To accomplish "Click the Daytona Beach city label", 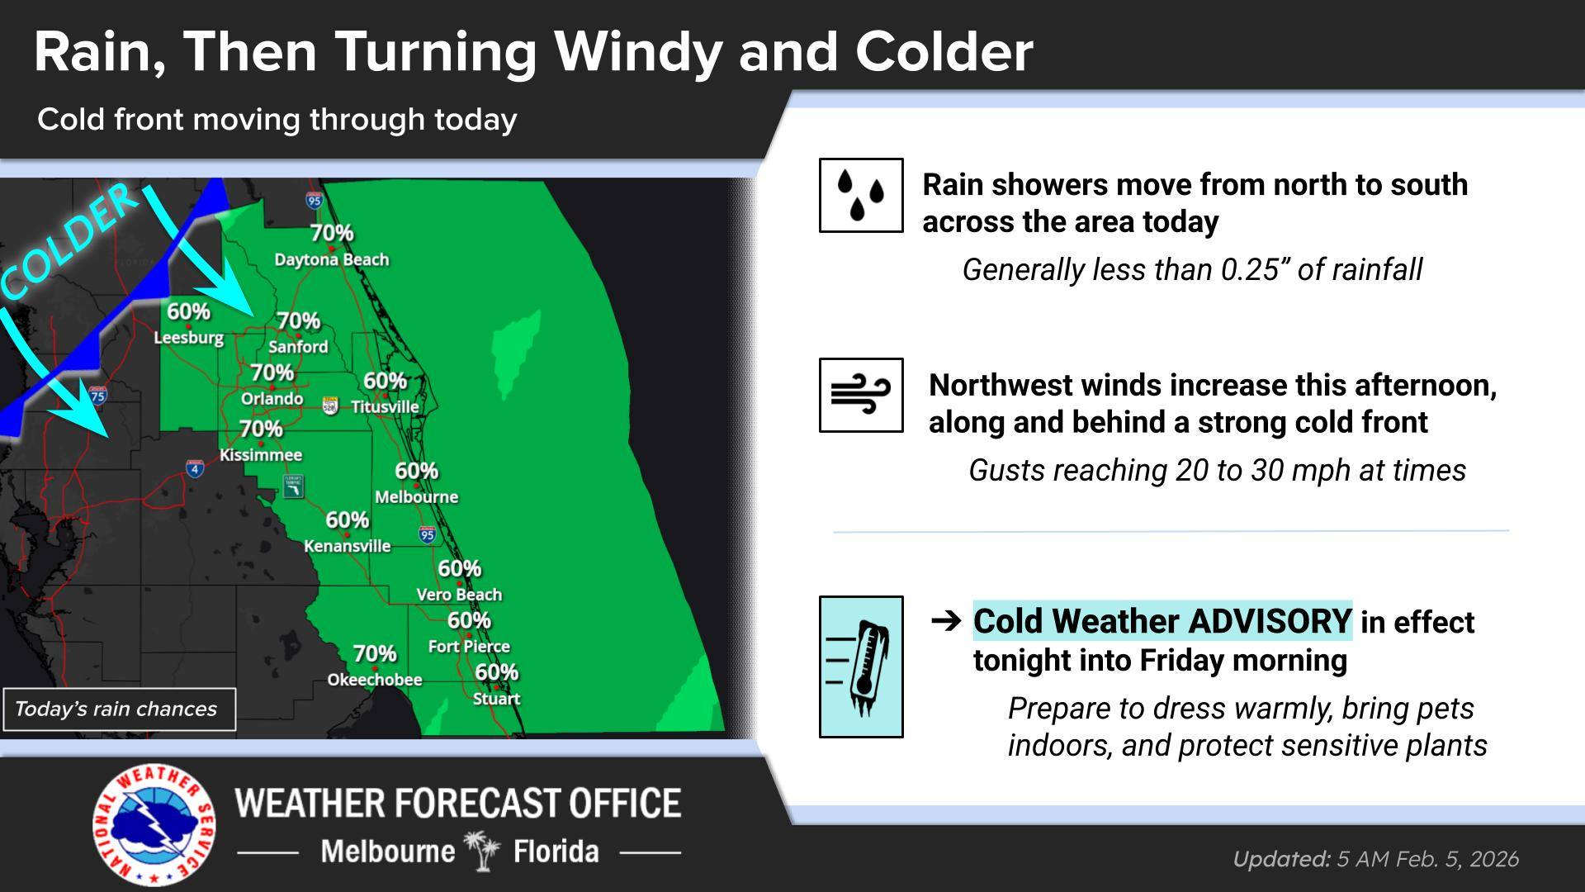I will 331,259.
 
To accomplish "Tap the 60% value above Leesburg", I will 188,311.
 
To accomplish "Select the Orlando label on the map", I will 272,399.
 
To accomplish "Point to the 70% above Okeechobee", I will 375,653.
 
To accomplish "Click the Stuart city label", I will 496,699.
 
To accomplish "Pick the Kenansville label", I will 347,546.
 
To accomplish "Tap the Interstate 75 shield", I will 97,395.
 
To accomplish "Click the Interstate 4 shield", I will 195,469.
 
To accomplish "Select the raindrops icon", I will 860,195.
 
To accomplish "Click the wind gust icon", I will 860,395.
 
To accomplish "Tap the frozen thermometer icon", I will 860,667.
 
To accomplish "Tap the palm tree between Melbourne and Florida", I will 483,850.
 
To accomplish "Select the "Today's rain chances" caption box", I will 119,709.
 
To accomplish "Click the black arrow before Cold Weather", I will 946,620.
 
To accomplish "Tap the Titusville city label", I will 385,407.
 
